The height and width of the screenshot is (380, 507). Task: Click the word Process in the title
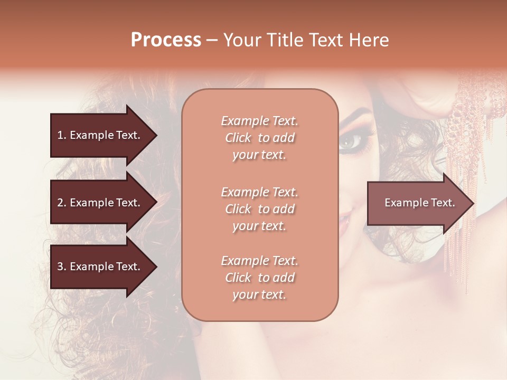point(166,40)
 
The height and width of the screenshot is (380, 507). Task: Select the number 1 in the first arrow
point(60,135)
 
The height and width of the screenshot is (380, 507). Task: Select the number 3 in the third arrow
point(60,267)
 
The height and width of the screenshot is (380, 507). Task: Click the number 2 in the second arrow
point(60,203)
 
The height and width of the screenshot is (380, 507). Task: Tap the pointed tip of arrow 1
point(156,135)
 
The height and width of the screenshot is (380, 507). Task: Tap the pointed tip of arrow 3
point(156,267)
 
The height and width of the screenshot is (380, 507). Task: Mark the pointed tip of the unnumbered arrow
point(473,203)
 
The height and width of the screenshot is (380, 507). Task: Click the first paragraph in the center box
point(259,138)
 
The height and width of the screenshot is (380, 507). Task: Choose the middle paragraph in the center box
point(259,209)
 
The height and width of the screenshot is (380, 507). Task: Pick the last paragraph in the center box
point(259,278)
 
